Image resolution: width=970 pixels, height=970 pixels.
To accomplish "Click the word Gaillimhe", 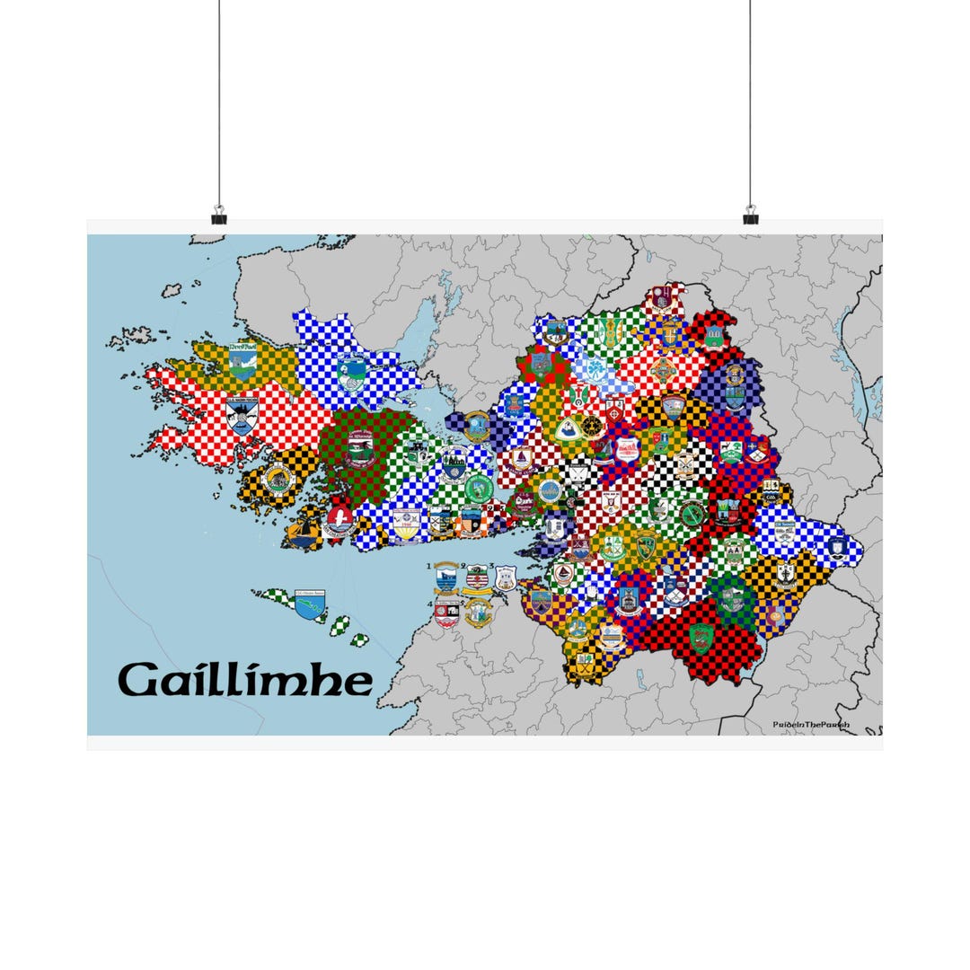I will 245,681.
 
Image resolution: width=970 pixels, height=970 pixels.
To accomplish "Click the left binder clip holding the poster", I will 219,216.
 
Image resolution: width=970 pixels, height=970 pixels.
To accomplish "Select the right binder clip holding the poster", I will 751,216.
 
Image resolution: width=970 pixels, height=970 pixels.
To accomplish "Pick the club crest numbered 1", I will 445,579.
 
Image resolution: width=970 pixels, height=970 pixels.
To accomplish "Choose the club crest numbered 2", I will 477,577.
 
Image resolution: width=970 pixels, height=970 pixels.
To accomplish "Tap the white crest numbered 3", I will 506,578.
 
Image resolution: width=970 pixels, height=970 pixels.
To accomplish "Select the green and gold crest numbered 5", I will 479,613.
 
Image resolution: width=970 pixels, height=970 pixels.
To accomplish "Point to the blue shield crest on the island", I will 310,604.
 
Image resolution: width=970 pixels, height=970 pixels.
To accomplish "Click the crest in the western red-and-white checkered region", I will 242,416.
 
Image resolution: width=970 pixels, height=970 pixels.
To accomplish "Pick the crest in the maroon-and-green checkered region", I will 360,449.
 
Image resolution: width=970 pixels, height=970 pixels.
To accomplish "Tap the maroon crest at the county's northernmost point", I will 662,298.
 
